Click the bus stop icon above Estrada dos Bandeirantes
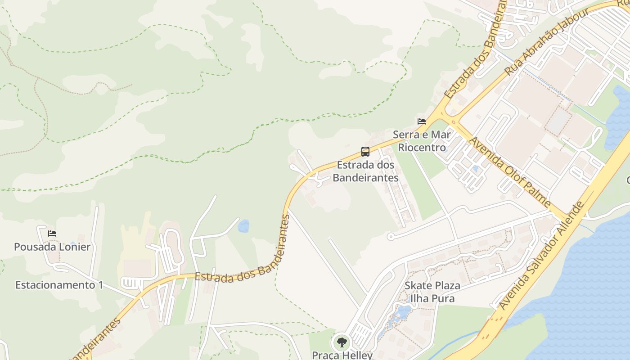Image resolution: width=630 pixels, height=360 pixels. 365,152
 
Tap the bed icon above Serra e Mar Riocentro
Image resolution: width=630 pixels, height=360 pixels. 422,121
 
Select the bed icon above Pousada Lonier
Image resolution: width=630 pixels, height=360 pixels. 52,233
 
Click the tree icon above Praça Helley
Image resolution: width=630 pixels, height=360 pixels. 342,342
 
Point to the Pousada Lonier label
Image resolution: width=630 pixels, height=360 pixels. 52,247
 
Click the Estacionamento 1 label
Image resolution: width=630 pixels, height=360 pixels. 59,285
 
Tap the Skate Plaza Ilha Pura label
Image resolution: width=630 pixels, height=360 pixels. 432,292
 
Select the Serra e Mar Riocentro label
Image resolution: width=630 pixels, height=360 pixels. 422,141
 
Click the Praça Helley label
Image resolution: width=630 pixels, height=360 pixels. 342,355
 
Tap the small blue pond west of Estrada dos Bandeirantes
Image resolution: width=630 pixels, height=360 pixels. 243,226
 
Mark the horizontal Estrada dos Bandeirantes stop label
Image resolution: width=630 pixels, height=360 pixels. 365,171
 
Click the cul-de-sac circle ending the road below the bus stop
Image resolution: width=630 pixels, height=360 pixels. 391,236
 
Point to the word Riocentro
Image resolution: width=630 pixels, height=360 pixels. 422,148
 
